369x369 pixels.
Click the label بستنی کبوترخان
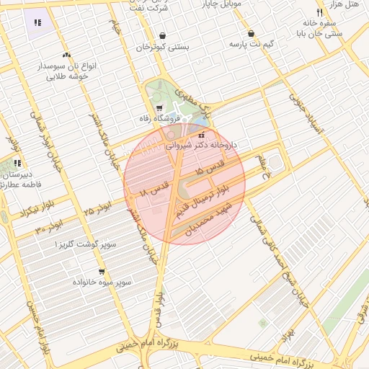163,48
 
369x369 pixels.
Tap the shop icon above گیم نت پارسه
251,33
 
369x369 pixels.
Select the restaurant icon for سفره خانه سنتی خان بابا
319,13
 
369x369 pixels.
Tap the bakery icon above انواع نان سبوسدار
66,55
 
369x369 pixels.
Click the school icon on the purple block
37,22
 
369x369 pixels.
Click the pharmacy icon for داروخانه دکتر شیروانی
201,135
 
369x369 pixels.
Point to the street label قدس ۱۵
210,168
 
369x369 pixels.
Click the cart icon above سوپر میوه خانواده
101,272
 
